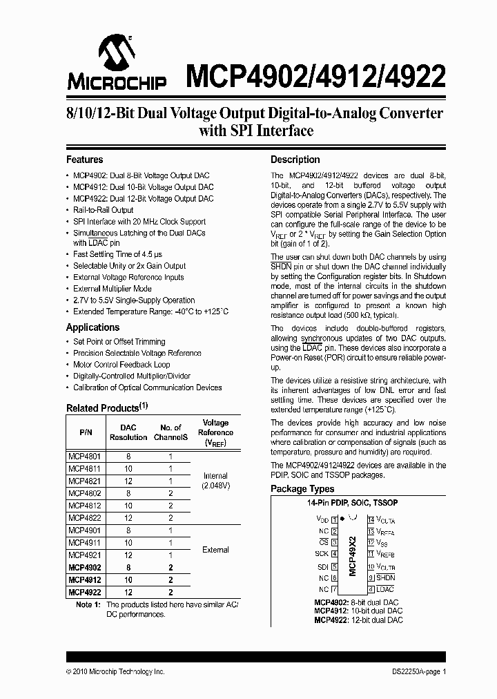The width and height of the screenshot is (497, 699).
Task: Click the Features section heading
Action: (84, 160)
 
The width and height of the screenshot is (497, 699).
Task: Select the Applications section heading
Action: (92, 327)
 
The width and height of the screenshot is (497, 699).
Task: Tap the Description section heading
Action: (295, 160)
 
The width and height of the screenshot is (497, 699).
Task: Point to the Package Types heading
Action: (302, 489)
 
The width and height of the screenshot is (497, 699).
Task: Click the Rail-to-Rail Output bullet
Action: (103, 210)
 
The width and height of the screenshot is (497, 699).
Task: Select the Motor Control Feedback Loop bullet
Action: (121, 365)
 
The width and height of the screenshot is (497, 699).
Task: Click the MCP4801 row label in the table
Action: (82, 457)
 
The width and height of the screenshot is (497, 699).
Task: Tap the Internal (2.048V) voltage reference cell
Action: (215, 481)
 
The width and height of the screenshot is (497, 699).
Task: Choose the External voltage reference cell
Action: (215, 550)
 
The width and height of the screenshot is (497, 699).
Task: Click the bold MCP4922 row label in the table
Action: (83, 592)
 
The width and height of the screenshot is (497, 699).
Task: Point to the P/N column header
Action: (86, 432)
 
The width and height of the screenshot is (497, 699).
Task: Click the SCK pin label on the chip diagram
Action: (322, 554)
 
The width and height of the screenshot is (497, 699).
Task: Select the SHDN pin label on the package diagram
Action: (386, 577)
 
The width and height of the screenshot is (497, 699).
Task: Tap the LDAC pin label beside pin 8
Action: (385, 589)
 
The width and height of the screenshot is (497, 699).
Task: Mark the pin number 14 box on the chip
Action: (371, 519)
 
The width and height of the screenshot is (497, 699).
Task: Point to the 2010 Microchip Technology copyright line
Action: (115, 671)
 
